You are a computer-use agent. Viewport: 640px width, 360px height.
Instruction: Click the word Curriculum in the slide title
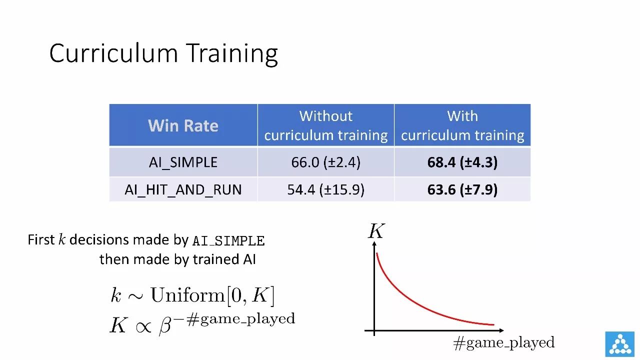pyautogui.click(x=113, y=53)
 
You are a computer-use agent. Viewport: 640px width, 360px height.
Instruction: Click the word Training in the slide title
pyautogui.click(x=233, y=54)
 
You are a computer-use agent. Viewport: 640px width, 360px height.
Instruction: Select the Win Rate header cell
pyautogui.click(x=183, y=125)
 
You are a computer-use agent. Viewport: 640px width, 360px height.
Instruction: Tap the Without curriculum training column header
pyautogui.click(x=325, y=125)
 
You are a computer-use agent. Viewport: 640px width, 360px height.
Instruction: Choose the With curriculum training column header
pyautogui.click(x=462, y=125)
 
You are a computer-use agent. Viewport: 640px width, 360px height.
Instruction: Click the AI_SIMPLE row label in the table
pyautogui.click(x=183, y=162)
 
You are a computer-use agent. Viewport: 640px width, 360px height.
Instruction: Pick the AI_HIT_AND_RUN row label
pyautogui.click(x=183, y=189)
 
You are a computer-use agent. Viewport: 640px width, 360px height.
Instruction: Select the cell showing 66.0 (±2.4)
pyautogui.click(x=325, y=162)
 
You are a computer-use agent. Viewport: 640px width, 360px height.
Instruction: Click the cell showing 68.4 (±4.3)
pyautogui.click(x=462, y=162)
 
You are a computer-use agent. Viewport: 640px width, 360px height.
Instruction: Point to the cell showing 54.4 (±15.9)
pyautogui.click(x=325, y=189)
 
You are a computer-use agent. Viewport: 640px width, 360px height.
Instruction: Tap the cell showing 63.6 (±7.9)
pyautogui.click(x=462, y=189)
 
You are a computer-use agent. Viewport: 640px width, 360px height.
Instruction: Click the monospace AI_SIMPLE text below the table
pyautogui.click(x=228, y=241)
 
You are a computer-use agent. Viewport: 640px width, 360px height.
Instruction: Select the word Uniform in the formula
pyautogui.click(x=187, y=295)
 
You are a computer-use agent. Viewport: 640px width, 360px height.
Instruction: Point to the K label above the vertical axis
pyautogui.click(x=376, y=231)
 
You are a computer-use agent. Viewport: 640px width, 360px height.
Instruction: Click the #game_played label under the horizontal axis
pyautogui.click(x=503, y=342)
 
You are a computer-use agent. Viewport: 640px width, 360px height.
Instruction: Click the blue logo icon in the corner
pyautogui.click(x=619, y=344)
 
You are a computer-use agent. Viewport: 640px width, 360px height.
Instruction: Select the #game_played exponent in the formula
pyautogui.click(x=241, y=319)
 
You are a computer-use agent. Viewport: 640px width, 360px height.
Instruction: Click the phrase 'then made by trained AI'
pyautogui.click(x=177, y=259)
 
